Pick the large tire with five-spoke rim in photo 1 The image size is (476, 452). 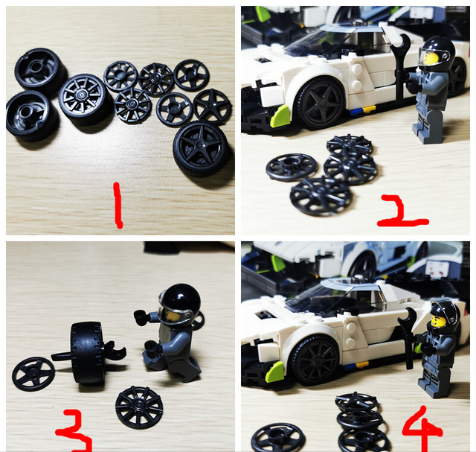[202, 147]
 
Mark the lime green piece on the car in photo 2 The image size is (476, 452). [281, 115]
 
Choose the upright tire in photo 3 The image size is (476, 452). [89, 352]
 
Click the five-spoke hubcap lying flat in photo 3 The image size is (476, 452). [33, 373]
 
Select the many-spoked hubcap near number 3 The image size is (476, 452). [139, 407]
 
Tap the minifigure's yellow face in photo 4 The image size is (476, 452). [439, 322]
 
